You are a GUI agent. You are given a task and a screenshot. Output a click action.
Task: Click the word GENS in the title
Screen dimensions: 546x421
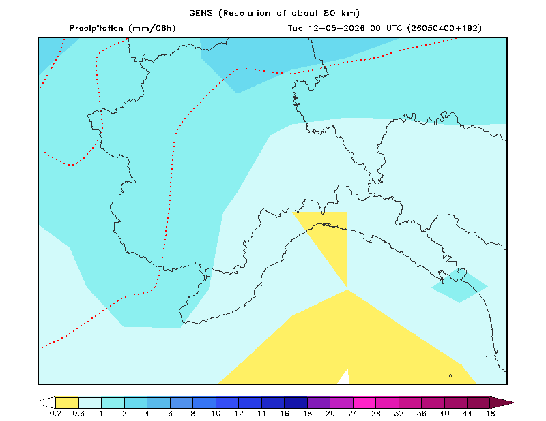[201, 13]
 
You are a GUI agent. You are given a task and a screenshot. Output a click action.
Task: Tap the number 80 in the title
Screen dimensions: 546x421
[330, 13]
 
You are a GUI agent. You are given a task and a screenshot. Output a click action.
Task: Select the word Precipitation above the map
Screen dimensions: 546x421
[96, 28]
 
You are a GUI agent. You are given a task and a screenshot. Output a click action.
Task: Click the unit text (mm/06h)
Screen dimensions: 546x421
[152, 28]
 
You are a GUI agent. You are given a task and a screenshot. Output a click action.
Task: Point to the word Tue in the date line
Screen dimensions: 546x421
[296, 28]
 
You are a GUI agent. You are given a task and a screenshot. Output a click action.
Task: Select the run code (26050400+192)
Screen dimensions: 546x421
[445, 28]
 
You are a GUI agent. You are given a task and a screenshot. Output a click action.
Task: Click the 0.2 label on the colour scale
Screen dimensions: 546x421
[56, 414]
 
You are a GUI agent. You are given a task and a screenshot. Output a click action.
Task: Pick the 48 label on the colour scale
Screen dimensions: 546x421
[490, 414]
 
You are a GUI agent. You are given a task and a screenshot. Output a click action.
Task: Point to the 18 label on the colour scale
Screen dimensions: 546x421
[308, 414]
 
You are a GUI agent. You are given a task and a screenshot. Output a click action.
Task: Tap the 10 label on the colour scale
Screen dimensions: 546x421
[216, 414]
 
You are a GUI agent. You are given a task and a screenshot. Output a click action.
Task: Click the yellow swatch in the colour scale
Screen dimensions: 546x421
[67, 403]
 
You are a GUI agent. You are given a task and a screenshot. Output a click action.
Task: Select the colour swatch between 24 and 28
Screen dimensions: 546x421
[364, 403]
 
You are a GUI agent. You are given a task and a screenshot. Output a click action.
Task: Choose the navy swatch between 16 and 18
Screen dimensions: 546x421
[296, 403]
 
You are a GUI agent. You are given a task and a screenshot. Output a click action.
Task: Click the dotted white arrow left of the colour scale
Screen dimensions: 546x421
[45, 403]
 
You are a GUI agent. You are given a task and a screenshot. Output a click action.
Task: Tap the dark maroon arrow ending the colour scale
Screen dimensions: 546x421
[502, 403]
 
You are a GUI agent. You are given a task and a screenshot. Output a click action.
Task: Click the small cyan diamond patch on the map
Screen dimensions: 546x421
[459, 285]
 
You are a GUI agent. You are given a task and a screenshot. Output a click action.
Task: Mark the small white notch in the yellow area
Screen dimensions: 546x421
[344, 377]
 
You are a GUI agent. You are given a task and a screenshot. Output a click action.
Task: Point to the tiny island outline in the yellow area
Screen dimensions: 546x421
[450, 376]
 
